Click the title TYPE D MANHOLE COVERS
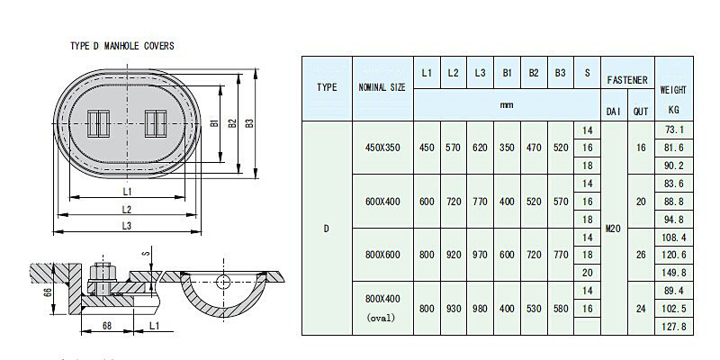pyautogui.click(x=121, y=45)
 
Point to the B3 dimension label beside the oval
pyautogui.click(x=250, y=122)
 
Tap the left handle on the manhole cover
pyautogui.click(x=98, y=121)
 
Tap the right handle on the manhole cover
pyautogui.click(x=156, y=121)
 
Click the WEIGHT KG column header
pyautogui.click(x=674, y=100)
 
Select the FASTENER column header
pyautogui.click(x=626, y=80)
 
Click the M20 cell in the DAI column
pyautogui.click(x=613, y=229)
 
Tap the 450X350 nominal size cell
pyautogui.click(x=382, y=147)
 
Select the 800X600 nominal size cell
pyautogui.click(x=382, y=255)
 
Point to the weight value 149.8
pyautogui.click(x=673, y=273)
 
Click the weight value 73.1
pyautogui.click(x=674, y=130)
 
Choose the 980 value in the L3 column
pyautogui.click(x=480, y=309)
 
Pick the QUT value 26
pyautogui.click(x=641, y=255)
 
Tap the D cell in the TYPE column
pyautogui.click(x=328, y=229)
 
